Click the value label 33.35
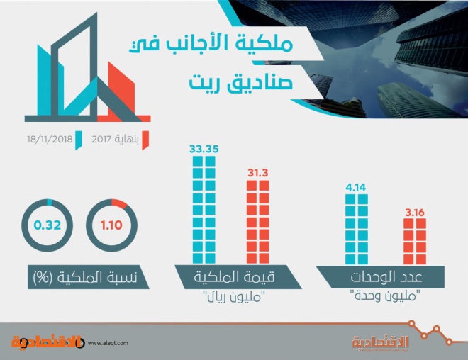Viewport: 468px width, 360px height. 204,149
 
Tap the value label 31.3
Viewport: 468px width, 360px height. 258,173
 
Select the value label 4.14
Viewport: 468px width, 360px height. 356,187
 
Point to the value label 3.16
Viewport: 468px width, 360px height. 415,213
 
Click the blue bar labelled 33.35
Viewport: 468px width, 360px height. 204,210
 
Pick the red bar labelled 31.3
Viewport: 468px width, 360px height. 258,222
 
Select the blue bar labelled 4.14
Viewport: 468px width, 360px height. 357,230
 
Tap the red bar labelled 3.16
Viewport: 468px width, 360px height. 415,242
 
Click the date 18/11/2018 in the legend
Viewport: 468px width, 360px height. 50,140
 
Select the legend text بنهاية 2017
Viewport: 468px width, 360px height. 115,140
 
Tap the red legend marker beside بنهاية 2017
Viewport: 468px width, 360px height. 145,140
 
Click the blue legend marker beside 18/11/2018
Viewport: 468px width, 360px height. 79,140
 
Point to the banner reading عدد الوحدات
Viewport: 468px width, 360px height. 380,277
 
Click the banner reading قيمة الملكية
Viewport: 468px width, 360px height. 238,277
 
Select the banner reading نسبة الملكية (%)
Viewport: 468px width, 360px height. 89,277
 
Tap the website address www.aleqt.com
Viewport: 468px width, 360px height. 108,343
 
